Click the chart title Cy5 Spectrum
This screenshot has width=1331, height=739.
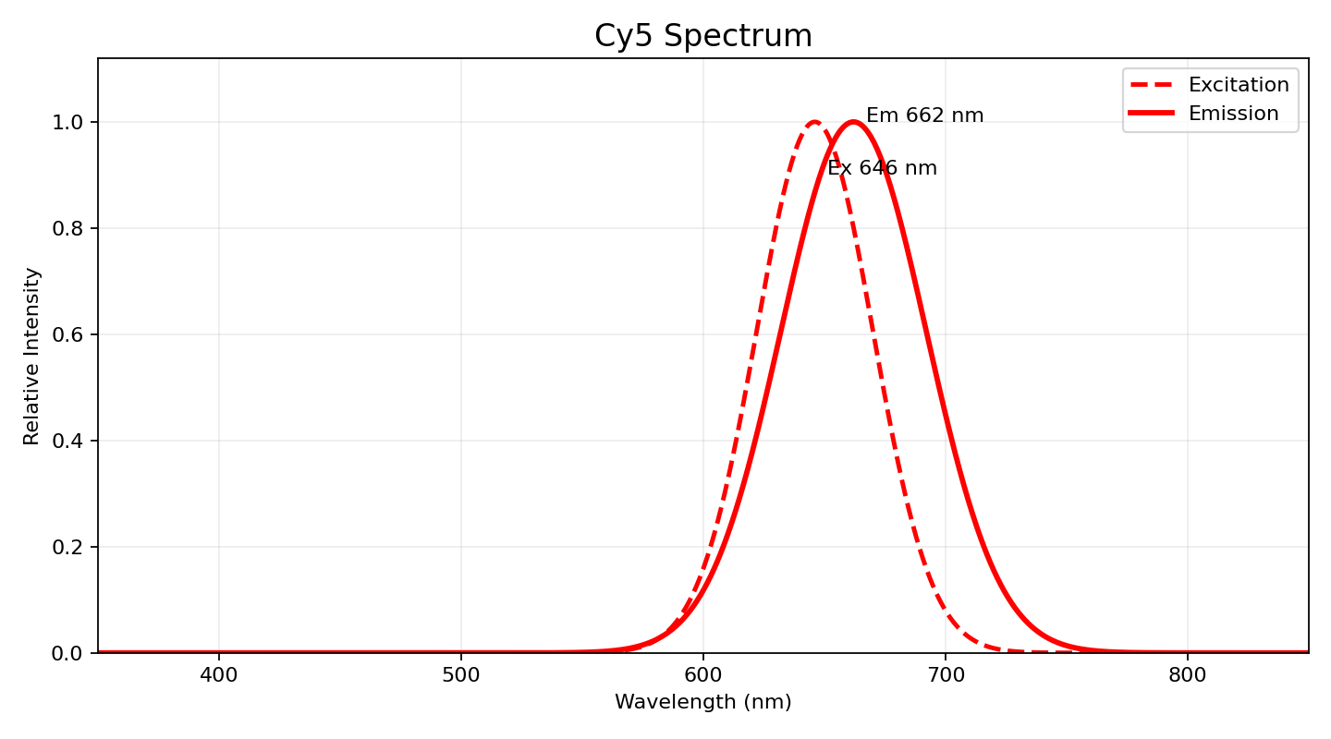click(702, 36)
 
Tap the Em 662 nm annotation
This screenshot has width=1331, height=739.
click(924, 116)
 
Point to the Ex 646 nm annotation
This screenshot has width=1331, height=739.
click(882, 169)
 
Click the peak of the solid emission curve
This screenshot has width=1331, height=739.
click(853, 122)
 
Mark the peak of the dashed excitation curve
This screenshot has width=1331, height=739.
click(814, 122)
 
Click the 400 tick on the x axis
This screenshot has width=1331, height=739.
click(219, 675)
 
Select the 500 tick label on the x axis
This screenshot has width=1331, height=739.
click(461, 675)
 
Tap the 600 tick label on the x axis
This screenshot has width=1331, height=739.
click(703, 675)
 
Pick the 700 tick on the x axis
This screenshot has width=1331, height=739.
click(946, 675)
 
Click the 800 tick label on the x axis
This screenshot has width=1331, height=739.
click(1188, 675)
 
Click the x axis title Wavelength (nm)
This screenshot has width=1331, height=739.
click(702, 703)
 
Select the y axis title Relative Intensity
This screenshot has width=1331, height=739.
click(32, 356)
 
